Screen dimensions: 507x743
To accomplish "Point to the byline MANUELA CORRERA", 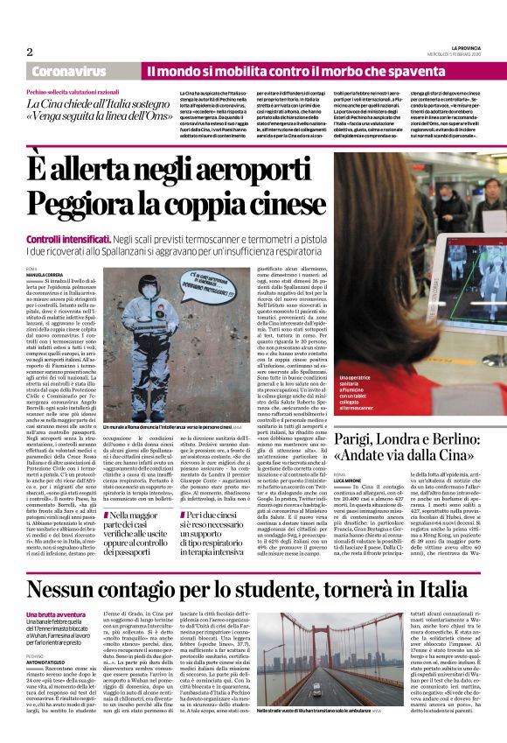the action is click(45, 275).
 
